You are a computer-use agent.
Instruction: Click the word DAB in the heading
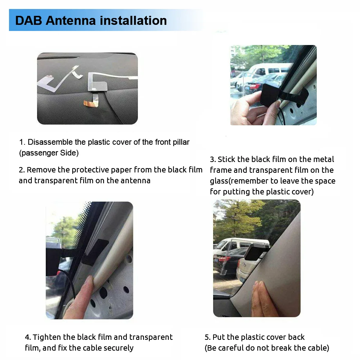click(x=28, y=21)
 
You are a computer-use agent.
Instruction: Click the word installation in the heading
click(x=134, y=21)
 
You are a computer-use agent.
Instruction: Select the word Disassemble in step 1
click(x=50, y=142)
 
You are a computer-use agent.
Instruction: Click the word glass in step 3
click(x=219, y=181)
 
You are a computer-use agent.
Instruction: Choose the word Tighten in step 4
click(x=47, y=337)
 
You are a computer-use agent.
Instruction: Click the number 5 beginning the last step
click(x=207, y=337)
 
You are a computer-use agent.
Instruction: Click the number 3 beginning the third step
click(x=212, y=159)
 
